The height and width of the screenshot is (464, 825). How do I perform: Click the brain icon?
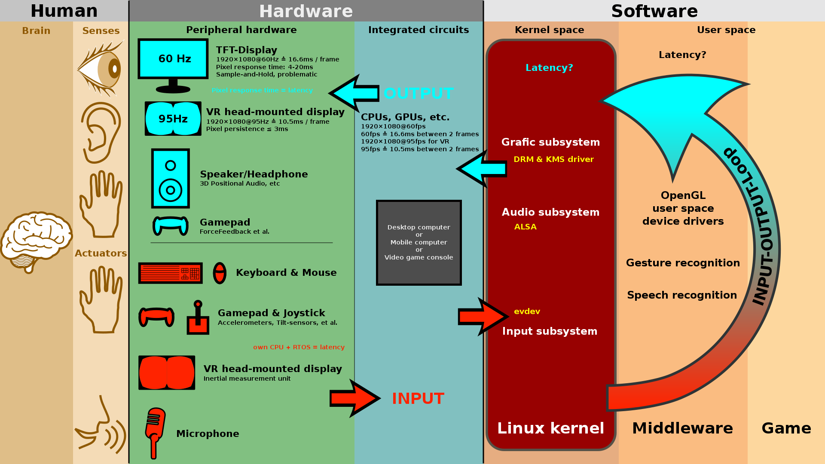[36, 241]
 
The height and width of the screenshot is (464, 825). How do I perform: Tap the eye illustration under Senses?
[101, 69]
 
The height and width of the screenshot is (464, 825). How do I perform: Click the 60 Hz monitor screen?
[173, 59]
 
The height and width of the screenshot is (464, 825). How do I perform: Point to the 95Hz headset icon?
[173, 119]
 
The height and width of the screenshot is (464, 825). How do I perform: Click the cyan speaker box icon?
[171, 178]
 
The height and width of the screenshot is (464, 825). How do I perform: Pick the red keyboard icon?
[171, 273]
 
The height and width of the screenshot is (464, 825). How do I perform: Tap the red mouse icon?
[220, 273]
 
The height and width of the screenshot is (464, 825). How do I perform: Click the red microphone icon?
[155, 432]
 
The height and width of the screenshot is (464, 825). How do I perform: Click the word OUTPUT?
[418, 94]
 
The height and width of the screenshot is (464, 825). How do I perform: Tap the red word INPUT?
[418, 398]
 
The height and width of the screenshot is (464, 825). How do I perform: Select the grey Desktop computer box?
[419, 242]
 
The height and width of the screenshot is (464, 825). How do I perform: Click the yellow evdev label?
[527, 311]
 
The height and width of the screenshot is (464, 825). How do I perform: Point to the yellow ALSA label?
[525, 227]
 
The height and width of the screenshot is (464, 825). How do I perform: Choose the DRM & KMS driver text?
[553, 159]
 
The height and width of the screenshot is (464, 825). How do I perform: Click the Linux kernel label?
[550, 428]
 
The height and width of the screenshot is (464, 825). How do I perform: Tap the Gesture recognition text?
[683, 263]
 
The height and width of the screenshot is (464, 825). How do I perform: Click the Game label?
[786, 428]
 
